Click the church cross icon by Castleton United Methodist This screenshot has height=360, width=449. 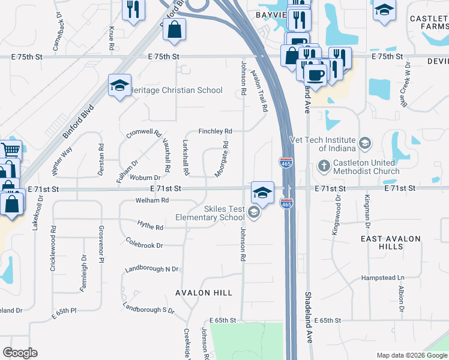pos(324,166)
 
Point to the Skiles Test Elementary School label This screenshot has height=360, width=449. pos(207,213)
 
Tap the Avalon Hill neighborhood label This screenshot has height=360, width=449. pos(204,293)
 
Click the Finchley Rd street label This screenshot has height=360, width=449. pos(215,131)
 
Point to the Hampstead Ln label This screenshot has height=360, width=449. pos(383,278)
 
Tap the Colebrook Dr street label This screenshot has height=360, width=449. pos(145,245)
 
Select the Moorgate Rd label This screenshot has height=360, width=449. pos(221,159)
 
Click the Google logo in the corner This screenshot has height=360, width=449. pos(20,353)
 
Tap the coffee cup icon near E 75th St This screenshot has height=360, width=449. pos(315,75)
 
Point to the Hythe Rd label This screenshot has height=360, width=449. pos(150,227)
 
